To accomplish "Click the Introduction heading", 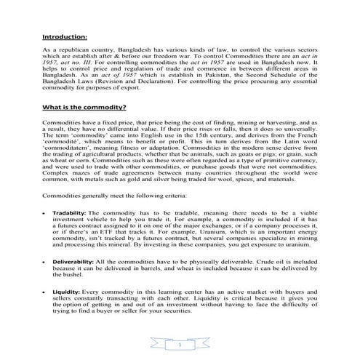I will point(64,35).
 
